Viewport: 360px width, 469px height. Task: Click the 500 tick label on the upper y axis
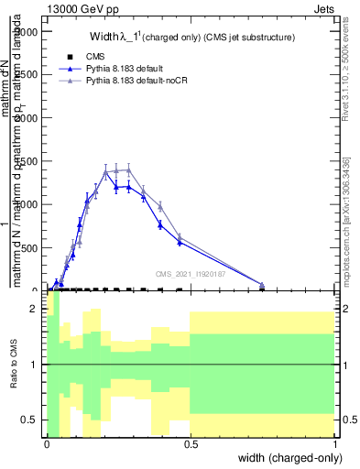coord(29,247)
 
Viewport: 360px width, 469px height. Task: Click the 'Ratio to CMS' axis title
coord(16,365)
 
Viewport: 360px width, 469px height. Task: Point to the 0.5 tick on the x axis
coord(190,443)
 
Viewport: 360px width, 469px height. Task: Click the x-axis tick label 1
coord(334,443)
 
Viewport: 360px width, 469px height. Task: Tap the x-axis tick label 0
coord(46,443)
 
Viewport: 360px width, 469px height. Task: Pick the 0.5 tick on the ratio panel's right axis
coord(347,420)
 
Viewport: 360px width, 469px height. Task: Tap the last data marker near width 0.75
coord(262,285)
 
